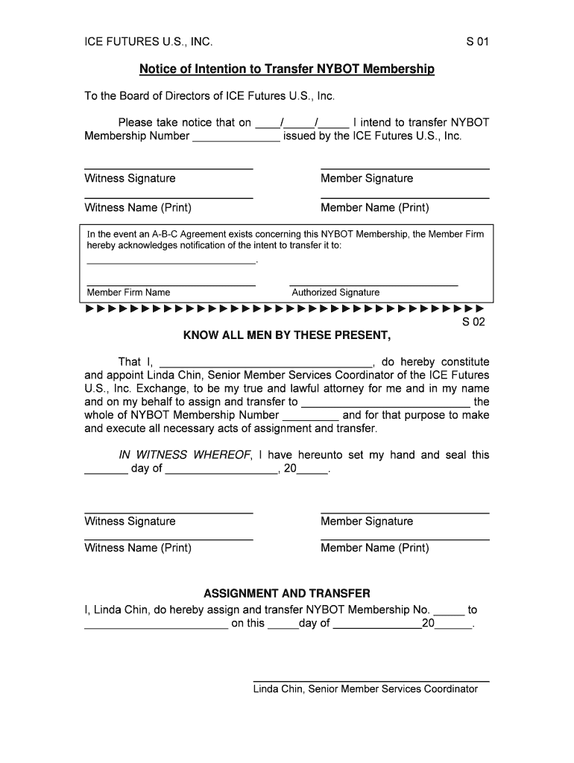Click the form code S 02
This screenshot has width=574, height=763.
(473, 323)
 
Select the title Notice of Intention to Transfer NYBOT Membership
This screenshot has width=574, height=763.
(286, 69)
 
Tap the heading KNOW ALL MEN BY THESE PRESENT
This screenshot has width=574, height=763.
(286, 335)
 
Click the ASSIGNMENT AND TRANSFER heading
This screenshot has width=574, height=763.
(286, 593)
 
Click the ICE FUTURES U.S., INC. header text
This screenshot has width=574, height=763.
(148, 42)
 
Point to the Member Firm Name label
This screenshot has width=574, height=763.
(128, 292)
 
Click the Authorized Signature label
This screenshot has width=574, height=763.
(335, 292)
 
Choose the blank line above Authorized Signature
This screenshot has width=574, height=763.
(373, 285)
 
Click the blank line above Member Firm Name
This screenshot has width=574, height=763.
(171, 285)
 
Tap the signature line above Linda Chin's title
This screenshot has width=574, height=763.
(371, 681)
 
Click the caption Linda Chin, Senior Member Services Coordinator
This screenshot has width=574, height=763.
(365, 689)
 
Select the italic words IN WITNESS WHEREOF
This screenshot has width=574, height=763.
(185, 455)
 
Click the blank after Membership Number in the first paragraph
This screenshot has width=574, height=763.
(236, 139)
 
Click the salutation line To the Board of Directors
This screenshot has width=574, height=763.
(209, 96)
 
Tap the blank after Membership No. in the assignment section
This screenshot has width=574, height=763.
(449, 613)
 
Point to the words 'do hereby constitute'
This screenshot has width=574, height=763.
(435, 361)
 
